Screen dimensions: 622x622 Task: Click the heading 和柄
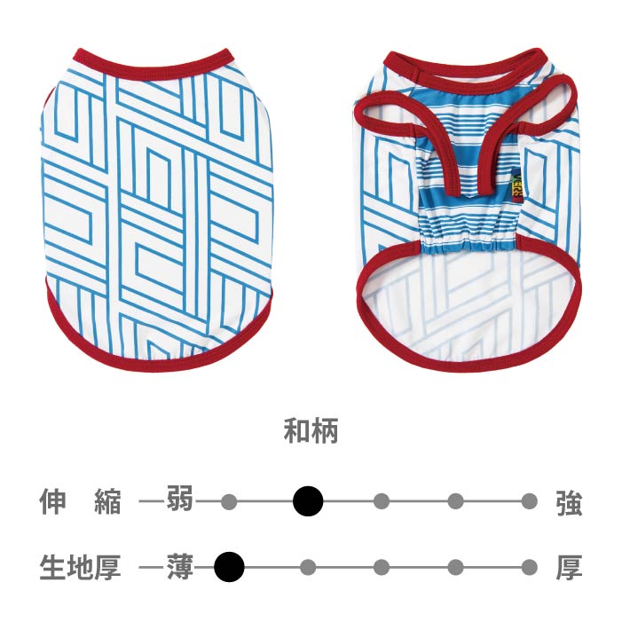(x=311, y=433)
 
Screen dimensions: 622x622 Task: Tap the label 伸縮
(x=80, y=502)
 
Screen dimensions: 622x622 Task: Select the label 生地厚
(x=80, y=566)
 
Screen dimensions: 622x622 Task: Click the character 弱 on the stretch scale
(x=179, y=501)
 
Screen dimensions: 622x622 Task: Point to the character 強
(x=569, y=503)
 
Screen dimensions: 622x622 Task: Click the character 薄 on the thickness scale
(x=180, y=566)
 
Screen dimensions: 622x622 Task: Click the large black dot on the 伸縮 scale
(x=308, y=501)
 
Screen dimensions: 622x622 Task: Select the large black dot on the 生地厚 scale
(x=229, y=566)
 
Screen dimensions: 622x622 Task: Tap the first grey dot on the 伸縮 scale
(x=229, y=502)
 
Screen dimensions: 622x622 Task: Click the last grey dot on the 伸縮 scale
(x=530, y=502)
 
